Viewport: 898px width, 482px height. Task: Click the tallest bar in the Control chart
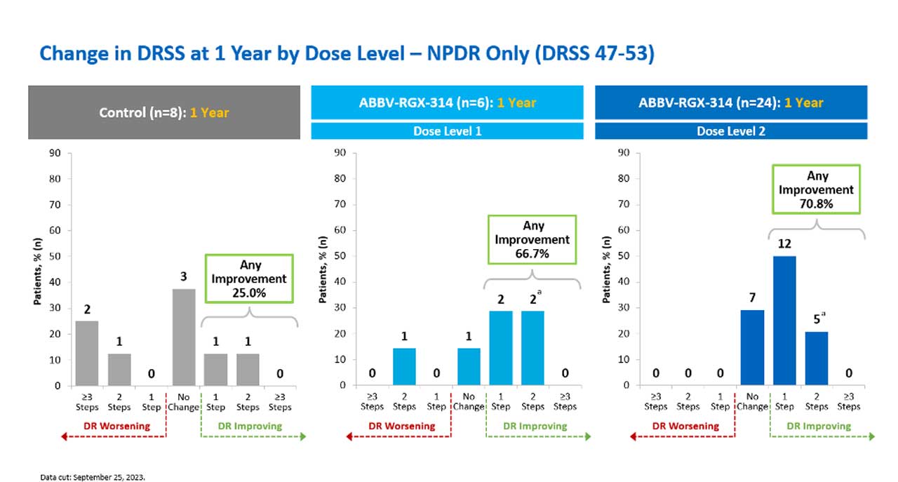coord(184,337)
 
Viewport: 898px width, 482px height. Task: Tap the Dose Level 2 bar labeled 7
coord(752,347)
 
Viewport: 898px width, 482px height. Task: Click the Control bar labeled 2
coord(87,353)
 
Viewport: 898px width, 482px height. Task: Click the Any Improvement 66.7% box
coord(532,239)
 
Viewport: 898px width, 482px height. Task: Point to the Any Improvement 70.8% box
coord(816,189)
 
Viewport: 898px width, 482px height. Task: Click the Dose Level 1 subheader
coord(448,131)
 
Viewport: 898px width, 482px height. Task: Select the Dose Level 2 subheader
coord(731,131)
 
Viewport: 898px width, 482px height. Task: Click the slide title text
coord(347,53)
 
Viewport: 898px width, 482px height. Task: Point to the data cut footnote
coord(92,476)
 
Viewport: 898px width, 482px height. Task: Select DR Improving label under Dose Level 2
coord(818,426)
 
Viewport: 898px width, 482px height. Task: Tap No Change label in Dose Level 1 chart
coord(469,401)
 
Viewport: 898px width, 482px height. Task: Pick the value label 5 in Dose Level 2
coord(816,319)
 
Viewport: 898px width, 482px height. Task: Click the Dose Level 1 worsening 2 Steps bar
coord(404,366)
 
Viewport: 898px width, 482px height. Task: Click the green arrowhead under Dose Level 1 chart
coord(587,436)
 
